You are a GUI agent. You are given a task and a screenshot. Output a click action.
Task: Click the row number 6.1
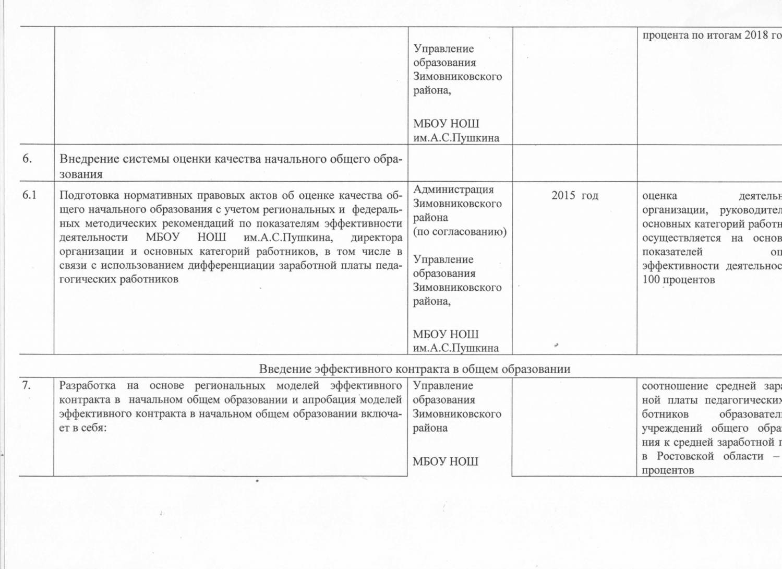[29, 195]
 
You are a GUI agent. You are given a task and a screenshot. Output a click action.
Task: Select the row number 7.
[26, 385]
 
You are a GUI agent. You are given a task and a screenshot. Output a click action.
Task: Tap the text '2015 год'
[574, 195]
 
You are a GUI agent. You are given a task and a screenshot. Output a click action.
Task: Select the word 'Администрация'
[453, 189]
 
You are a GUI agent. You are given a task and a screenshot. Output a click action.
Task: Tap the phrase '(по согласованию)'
[460, 231]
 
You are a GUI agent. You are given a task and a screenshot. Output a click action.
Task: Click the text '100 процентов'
[678, 279]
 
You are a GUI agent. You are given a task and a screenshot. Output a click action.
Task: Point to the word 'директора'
[376, 238]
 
